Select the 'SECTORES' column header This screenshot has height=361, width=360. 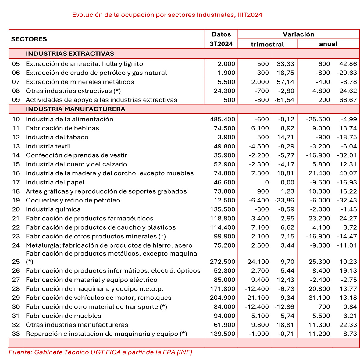tap(29, 39)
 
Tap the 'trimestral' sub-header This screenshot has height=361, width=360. tap(267, 44)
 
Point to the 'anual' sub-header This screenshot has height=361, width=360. tap(328, 44)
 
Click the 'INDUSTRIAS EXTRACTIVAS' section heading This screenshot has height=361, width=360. tap(70, 54)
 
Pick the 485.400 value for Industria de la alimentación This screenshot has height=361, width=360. tap(223, 119)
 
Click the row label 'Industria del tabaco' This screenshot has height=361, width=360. tap(57, 137)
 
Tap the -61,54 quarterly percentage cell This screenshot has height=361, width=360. tap(284, 100)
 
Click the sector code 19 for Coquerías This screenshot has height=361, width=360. tap(16, 200)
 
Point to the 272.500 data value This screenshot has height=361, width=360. tap(223, 262)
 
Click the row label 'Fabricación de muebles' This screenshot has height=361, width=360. tap(63, 316)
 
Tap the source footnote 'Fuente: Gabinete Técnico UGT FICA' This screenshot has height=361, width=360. tap(100, 352)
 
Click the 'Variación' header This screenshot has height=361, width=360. tap(298, 34)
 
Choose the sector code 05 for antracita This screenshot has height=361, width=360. tap(16, 64)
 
